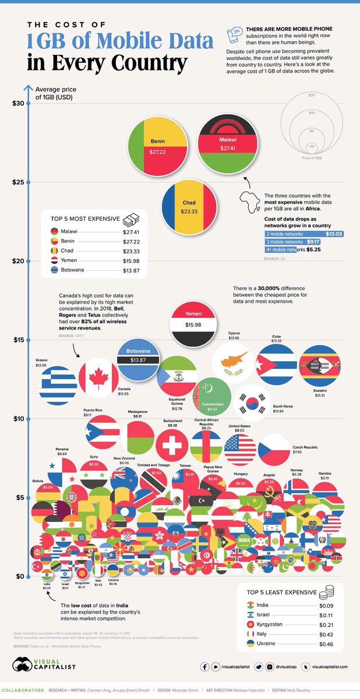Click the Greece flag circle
point(58,386)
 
